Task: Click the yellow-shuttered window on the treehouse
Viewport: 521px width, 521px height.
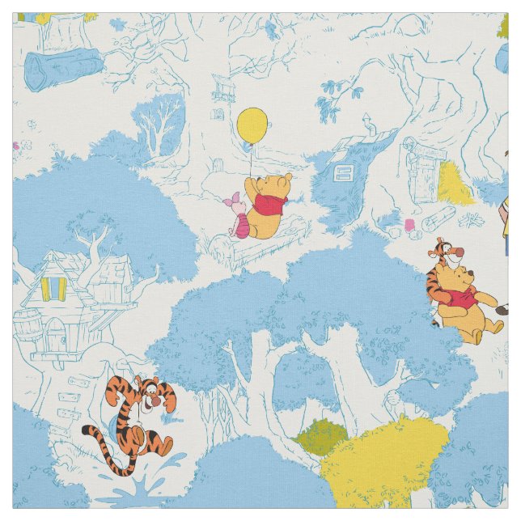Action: (53, 286)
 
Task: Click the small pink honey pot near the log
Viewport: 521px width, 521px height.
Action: (409, 224)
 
